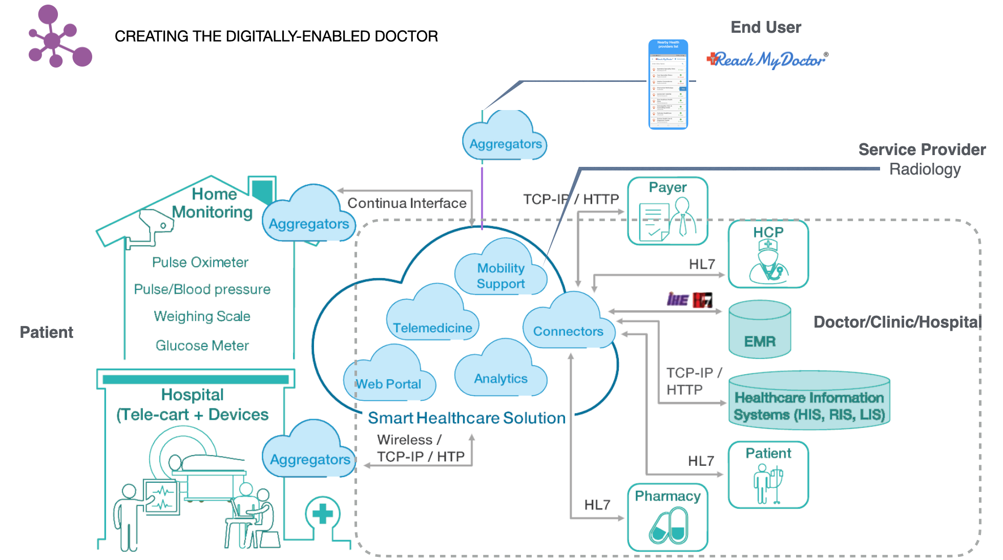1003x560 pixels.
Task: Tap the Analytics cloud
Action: coord(500,372)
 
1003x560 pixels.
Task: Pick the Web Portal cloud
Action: coord(389,377)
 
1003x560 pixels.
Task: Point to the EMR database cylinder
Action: coord(760,330)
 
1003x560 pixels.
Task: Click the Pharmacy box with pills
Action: coord(667,518)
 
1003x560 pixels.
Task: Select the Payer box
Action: coord(667,211)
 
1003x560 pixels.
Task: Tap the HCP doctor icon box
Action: coord(768,254)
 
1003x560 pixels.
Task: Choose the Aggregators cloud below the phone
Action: coord(505,138)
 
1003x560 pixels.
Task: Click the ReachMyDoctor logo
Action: coord(767,60)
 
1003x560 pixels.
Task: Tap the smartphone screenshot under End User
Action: coord(668,84)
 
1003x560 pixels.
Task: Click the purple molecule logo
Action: coord(59,37)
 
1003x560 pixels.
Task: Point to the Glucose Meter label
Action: coord(202,346)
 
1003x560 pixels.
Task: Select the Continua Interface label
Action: coord(407,203)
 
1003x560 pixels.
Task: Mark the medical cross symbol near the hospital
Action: coord(323,513)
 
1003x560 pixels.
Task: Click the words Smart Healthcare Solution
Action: coord(466,418)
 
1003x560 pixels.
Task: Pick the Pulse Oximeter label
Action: coord(200,262)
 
